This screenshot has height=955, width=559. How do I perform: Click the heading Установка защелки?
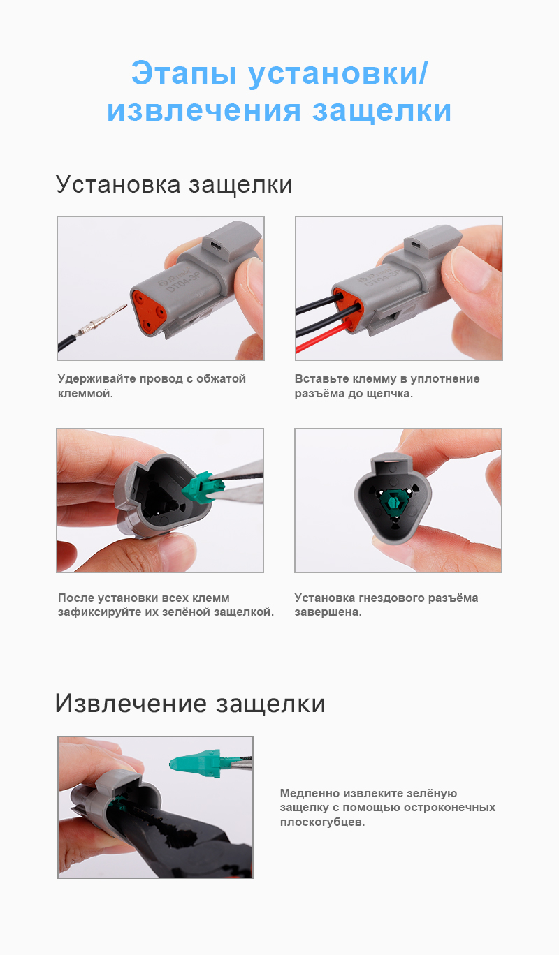click(173, 185)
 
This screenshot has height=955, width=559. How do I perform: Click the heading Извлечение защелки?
click(190, 703)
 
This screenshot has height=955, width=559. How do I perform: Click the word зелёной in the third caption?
click(191, 612)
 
